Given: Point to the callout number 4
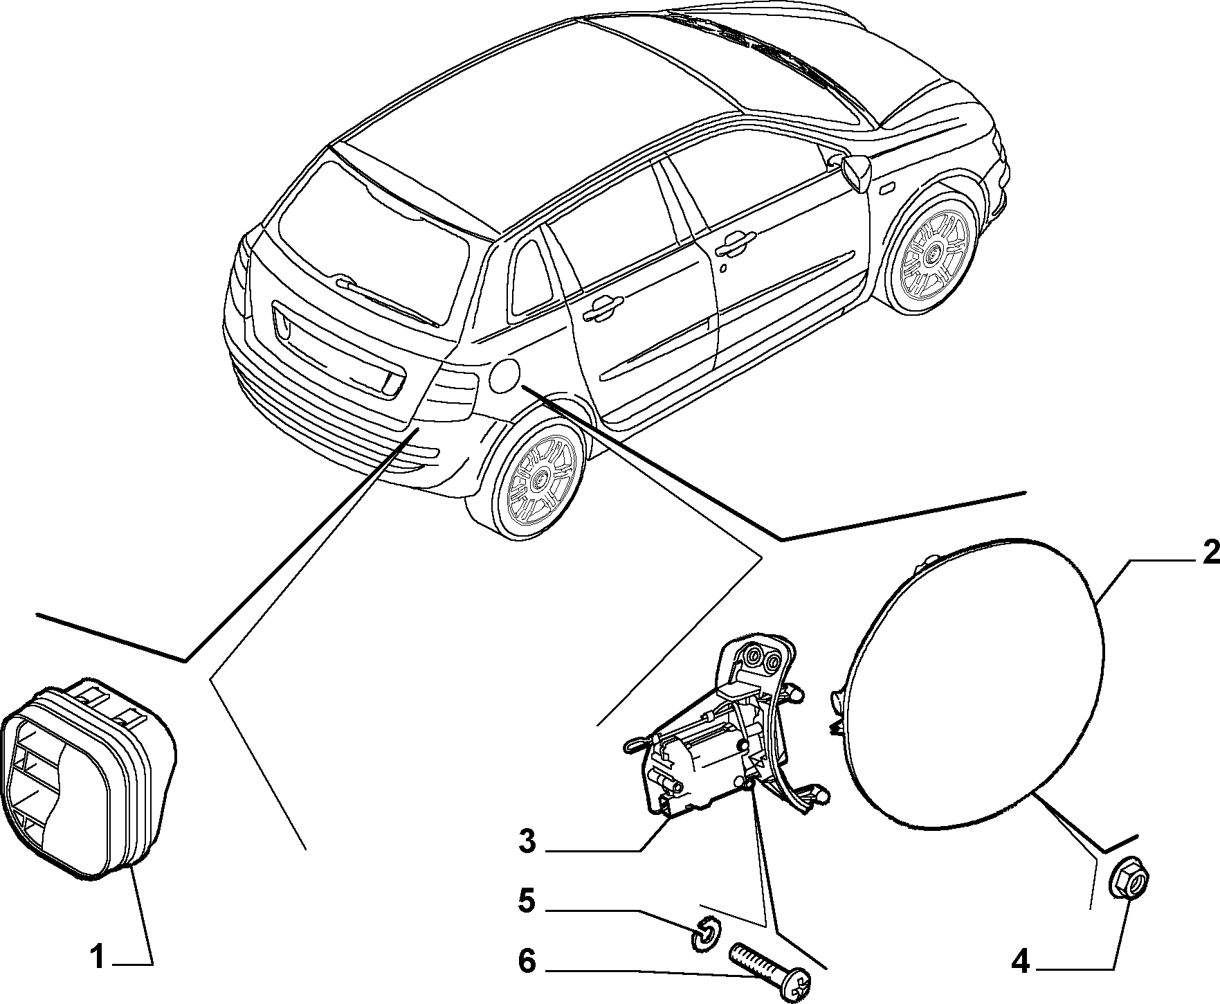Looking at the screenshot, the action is point(1021,962).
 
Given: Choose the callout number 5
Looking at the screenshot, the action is point(527,901).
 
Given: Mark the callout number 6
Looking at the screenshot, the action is point(527,962).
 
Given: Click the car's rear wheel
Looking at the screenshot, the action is point(539,477).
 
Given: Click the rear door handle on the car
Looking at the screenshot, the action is point(602,308).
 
